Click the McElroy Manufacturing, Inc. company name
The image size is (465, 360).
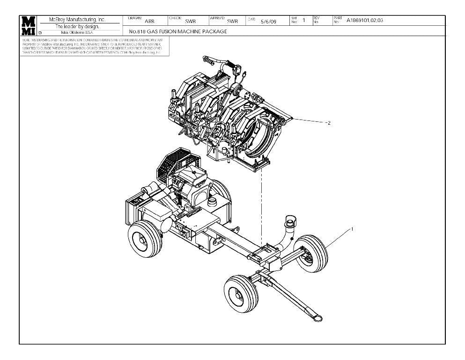pyautogui.click(x=78, y=20)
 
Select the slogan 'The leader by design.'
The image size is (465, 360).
pyautogui.click(x=78, y=27)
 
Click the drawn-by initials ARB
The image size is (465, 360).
pyautogui.click(x=149, y=21)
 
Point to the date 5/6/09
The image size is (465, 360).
pyautogui.click(x=268, y=21)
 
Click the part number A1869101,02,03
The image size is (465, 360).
pyautogui.click(x=365, y=20)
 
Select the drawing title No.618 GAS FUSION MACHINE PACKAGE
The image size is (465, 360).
pyautogui.click(x=178, y=31)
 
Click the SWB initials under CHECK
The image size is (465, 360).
pyautogui.click(x=190, y=21)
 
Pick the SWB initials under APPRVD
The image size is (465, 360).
pyautogui.click(x=232, y=21)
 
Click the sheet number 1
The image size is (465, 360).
pyautogui.click(x=304, y=20)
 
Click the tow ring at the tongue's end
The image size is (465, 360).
pyautogui.click(x=317, y=318)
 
